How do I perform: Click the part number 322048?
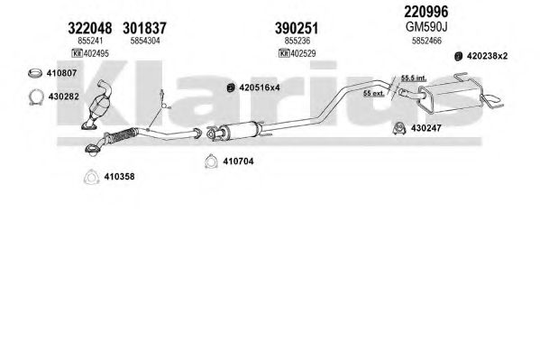tap(90, 28)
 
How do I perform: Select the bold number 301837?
tap(144, 28)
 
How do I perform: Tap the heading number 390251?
tap(297, 28)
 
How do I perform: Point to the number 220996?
tap(426, 12)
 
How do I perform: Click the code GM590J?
tap(426, 26)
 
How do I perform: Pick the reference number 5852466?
tap(426, 41)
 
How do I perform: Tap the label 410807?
tap(61, 73)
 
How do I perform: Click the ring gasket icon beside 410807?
tap(35, 73)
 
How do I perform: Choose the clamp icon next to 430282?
tap(36, 97)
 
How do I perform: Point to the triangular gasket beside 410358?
tap(91, 177)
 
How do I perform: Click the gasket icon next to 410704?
tap(210, 161)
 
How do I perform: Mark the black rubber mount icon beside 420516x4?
tap(231, 88)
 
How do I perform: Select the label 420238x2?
tap(487, 56)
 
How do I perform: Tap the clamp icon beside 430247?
tap(399, 128)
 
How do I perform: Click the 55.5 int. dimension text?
tap(413, 78)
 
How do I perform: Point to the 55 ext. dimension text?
tap(373, 93)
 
